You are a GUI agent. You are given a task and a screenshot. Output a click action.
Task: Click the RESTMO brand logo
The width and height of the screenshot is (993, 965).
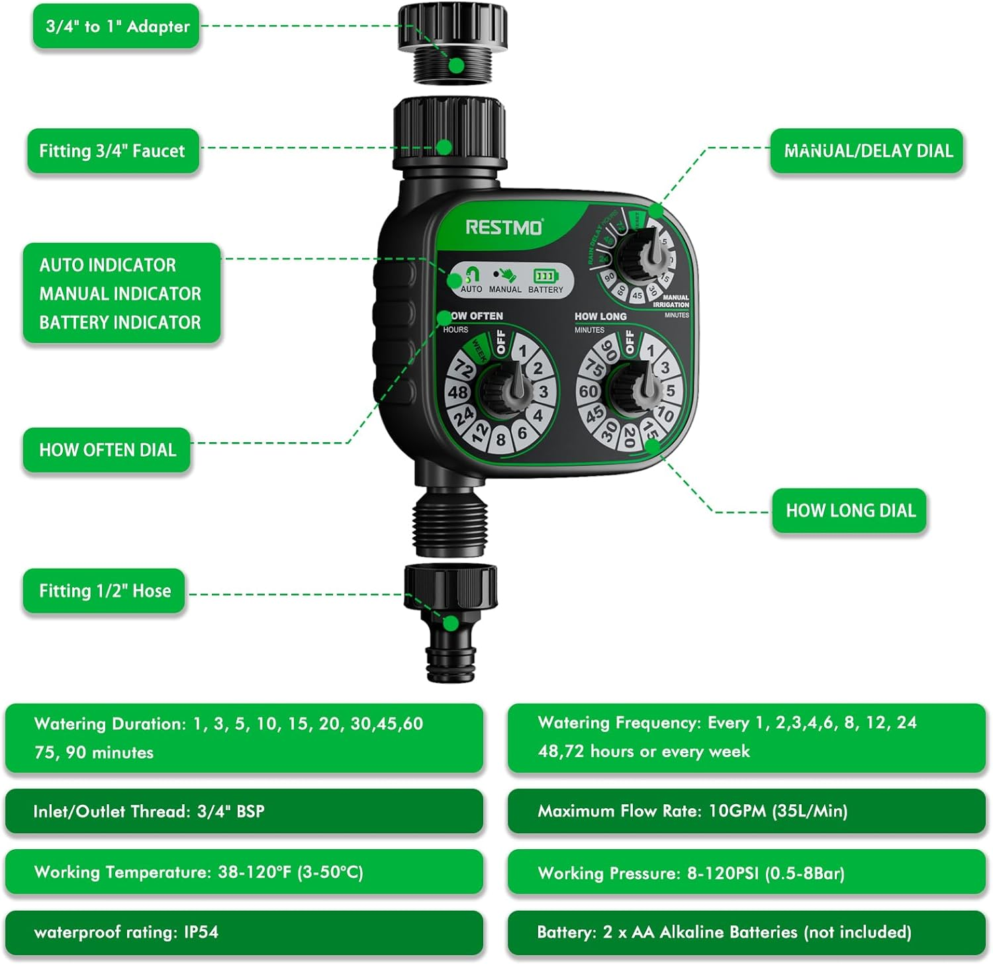(504, 227)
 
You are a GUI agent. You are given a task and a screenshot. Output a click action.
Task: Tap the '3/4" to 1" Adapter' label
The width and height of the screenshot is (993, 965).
(117, 26)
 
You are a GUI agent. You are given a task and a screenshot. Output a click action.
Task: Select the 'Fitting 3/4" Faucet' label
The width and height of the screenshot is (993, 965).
(113, 151)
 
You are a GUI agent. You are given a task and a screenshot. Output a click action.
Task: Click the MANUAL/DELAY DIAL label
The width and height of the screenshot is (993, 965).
(867, 151)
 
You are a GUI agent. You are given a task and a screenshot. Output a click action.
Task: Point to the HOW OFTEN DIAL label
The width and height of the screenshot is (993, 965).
(107, 450)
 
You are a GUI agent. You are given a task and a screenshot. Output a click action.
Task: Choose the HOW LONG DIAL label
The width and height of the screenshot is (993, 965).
(850, 510)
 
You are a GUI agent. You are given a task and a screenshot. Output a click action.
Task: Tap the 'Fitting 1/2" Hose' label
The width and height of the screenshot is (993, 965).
(105, 590)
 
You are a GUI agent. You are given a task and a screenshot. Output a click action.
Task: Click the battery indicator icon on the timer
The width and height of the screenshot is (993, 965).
(545, 276)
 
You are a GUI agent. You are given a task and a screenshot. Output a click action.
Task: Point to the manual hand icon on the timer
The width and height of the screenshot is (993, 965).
(505, 275)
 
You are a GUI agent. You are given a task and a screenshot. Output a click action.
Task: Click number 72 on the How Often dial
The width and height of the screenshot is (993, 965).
(464, 369)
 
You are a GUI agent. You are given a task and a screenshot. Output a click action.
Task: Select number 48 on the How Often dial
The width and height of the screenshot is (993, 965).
(457, 392)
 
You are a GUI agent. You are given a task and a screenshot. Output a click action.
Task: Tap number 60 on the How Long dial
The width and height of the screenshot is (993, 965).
(588, 391)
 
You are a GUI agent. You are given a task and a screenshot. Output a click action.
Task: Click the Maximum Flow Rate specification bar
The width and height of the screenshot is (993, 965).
(746, 811)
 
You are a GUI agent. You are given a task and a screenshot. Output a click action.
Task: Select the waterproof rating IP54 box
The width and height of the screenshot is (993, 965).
(244, 932)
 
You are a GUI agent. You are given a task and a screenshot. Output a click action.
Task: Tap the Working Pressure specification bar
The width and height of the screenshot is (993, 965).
(746, 872)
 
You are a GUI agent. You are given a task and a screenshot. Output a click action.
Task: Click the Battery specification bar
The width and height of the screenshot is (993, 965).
(746, 932)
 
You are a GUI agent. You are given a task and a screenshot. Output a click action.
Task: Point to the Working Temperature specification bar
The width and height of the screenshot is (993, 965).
(244, 872)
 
